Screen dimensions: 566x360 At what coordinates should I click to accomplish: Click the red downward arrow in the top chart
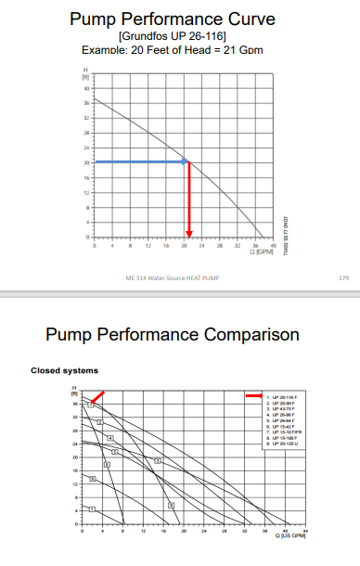point(189,199)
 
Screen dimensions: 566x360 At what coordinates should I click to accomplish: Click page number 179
point(344,277)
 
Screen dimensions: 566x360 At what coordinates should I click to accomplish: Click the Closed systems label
point(65,371)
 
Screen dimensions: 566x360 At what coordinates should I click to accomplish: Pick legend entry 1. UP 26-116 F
point(284,396)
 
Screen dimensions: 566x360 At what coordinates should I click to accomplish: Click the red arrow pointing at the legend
point(253,396)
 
